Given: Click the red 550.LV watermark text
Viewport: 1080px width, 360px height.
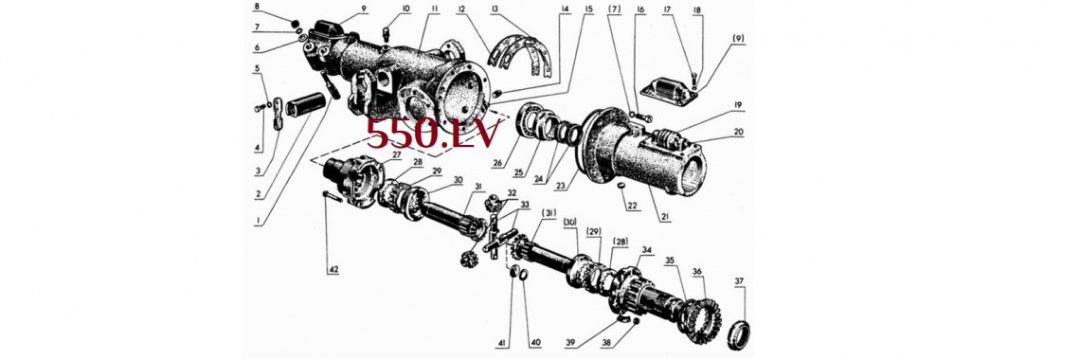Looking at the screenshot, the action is pos(431,133).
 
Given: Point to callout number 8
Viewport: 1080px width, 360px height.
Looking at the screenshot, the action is pos(257,7).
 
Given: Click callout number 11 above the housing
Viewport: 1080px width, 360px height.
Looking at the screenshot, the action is pos(435,9).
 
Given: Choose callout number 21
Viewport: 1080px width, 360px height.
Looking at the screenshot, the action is pos(665,218).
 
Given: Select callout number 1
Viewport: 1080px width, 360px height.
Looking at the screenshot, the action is pos(257,221).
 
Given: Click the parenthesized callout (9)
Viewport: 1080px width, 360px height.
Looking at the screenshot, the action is pos(738,37).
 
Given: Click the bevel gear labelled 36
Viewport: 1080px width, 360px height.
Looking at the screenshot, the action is pos(700,315).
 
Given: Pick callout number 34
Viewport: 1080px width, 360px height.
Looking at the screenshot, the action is pos(645,249).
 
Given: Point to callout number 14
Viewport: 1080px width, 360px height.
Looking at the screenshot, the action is pos(565,9).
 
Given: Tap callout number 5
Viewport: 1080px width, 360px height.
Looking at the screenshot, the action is pos(257,68).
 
